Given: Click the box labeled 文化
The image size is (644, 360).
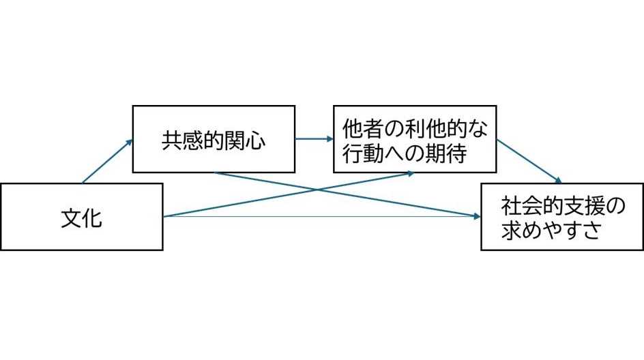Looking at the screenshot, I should [82, 217].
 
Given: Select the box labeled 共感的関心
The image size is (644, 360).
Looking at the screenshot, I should [214, 139].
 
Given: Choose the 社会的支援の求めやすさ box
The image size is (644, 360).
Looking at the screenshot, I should [561, 217].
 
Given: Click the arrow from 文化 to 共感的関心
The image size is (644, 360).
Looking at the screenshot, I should [108, 162].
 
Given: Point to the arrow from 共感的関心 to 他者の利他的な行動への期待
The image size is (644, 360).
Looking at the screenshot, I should [314, 139].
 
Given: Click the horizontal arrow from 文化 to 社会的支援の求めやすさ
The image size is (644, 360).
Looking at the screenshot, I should [321, 217].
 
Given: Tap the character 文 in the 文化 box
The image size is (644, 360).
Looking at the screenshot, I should [71, 218].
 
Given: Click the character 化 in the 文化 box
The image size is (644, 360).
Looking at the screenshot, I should [92, 218].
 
